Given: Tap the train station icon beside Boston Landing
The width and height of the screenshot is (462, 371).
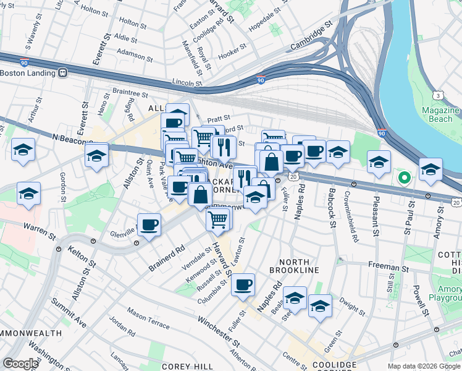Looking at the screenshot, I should point(62,72).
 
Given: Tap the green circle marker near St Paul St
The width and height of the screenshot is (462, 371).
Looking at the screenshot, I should point(404,179).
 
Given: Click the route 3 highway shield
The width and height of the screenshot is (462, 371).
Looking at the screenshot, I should point(437,95).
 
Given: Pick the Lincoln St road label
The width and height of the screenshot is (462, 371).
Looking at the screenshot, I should point(187,82).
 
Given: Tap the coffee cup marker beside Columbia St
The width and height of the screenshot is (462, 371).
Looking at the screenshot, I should point(243,284).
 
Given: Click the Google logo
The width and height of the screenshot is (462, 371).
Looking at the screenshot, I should point(20,363).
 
